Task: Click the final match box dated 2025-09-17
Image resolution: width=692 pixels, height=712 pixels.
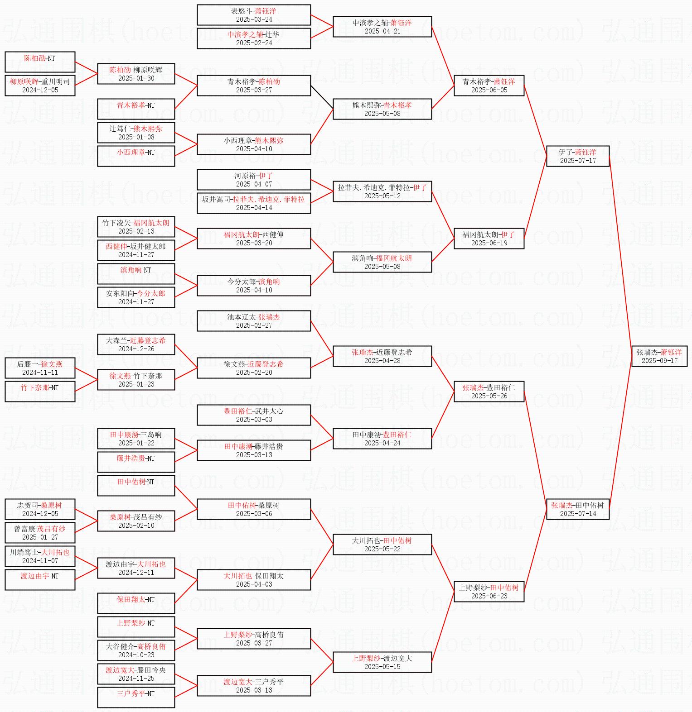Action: point(659,356)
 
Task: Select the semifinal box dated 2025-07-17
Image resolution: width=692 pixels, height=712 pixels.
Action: point(578,156)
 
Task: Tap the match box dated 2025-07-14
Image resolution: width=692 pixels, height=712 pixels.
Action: point(578,509)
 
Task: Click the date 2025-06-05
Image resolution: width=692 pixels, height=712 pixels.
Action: point(489,90)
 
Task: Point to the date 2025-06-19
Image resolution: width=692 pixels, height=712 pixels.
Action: point(489,243)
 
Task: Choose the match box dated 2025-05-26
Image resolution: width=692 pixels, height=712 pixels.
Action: point(489,392)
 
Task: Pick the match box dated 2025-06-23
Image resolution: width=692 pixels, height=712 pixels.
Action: point(489,592)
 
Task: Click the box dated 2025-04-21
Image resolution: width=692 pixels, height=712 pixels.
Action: point(382,27)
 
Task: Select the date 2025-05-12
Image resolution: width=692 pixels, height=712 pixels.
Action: point(382,196)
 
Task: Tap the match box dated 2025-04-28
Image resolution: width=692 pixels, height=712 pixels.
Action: point(382,356)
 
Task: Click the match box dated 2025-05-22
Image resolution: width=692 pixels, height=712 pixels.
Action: point(382,545)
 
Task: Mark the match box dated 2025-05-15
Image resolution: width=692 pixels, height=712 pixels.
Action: point(382,662)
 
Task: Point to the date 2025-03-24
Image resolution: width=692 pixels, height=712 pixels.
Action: point(254,19)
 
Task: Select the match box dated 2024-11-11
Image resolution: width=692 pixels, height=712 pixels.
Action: point(40,368)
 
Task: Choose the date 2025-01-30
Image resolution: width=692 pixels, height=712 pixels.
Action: point(136,78)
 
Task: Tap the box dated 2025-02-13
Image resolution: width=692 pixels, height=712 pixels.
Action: point(136,227)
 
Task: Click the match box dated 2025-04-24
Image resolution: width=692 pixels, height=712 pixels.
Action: point(382,439)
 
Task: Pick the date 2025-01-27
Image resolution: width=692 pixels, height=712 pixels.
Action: point(40,537)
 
